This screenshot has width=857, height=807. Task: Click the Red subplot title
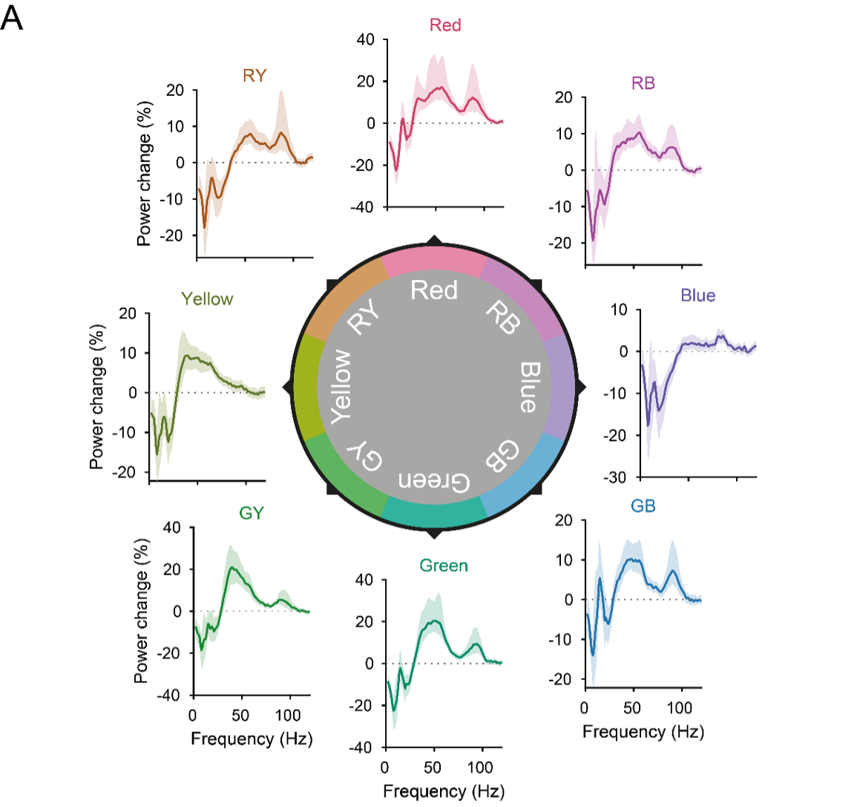point(445,25)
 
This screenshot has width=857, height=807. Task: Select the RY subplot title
point(254,76)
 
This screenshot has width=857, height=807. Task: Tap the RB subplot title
point(643,83)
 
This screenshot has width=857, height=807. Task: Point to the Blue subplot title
point(697,295)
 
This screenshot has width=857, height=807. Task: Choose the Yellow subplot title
point(207,299)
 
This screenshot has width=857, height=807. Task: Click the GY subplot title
point(251,513)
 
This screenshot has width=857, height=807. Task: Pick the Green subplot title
point(444,566)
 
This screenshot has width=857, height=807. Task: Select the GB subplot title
point(643,506)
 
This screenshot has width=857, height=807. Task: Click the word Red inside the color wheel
point(434,290)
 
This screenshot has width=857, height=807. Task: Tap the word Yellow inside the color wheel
point(341,386)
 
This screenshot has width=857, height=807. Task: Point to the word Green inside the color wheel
point(434,481)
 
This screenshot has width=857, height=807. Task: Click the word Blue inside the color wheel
point(528,386)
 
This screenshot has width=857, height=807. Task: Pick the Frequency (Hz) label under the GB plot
point(643,732)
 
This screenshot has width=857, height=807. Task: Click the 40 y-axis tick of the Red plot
point(366,39)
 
